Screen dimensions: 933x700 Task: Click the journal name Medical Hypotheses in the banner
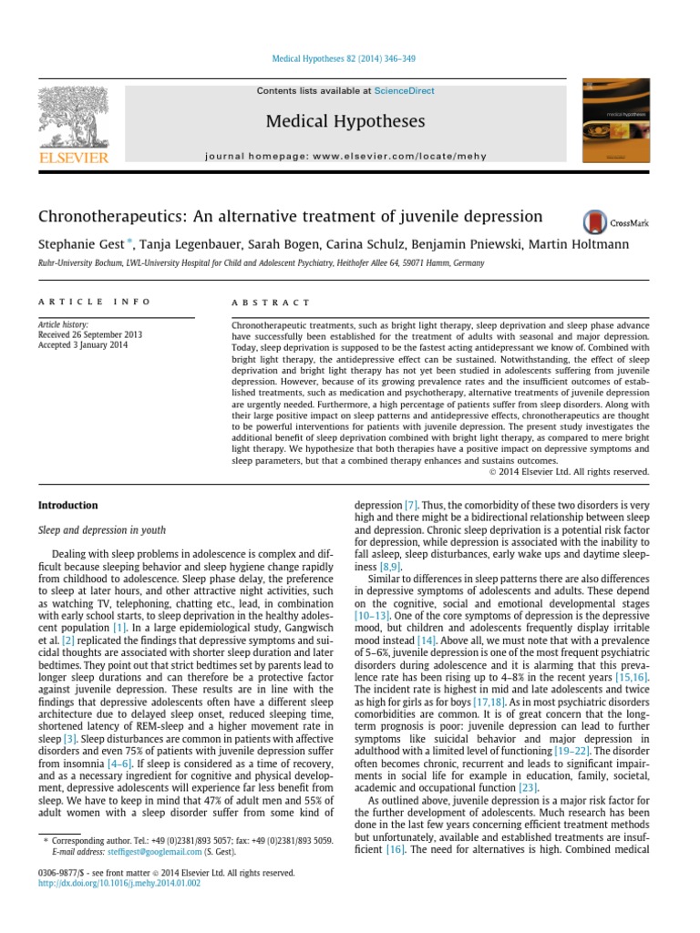345,121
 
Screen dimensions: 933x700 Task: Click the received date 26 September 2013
81,334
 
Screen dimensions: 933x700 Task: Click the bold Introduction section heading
67,505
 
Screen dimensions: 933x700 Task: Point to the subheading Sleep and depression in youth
101,528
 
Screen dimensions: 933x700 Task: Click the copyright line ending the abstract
569,471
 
